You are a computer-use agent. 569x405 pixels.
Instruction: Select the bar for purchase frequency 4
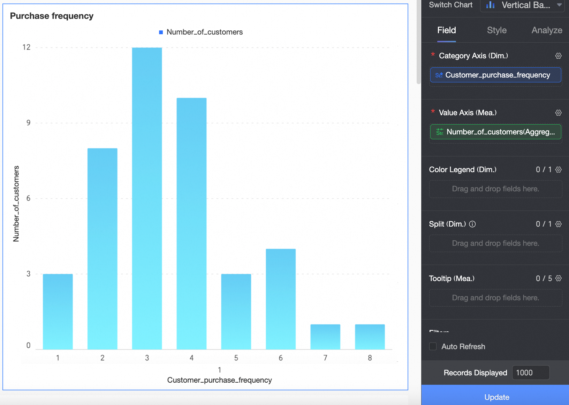click(x=191, y=223)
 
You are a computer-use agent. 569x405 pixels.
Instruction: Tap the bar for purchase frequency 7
click(x=325, y=337)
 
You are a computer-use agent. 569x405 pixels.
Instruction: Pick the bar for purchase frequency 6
click(x=281, y=299)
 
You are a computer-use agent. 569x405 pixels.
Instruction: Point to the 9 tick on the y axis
click(x=28, y=123)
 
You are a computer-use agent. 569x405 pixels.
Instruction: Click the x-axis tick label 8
click(x=370, y=358)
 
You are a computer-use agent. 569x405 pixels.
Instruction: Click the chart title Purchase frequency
click(x=52, y=16)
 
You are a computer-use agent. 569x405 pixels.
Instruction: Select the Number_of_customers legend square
click(x=161, y=32)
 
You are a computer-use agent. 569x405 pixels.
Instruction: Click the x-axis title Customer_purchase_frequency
click(x=219, y=380)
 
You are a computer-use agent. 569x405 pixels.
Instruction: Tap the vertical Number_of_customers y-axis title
click(x=16, y=204)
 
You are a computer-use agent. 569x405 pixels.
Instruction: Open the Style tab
click(x=496, y=30)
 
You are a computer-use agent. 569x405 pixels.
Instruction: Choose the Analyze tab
click(x=546, y=30)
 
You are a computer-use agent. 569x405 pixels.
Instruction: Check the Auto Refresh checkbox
click(x=433, y=346)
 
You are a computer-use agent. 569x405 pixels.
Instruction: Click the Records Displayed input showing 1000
click(x=530, y=373)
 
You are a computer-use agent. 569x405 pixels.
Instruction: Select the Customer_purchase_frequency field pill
click(x=495, y=75)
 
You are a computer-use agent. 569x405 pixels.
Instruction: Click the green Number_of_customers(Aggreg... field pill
click(x=495, y=132)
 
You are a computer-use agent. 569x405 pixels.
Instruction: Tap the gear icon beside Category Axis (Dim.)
click(x=558, y=56)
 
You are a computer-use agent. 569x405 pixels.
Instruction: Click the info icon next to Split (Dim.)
click(x=472, y=224)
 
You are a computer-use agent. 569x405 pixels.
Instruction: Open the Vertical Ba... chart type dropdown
click(x=522, y=5)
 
